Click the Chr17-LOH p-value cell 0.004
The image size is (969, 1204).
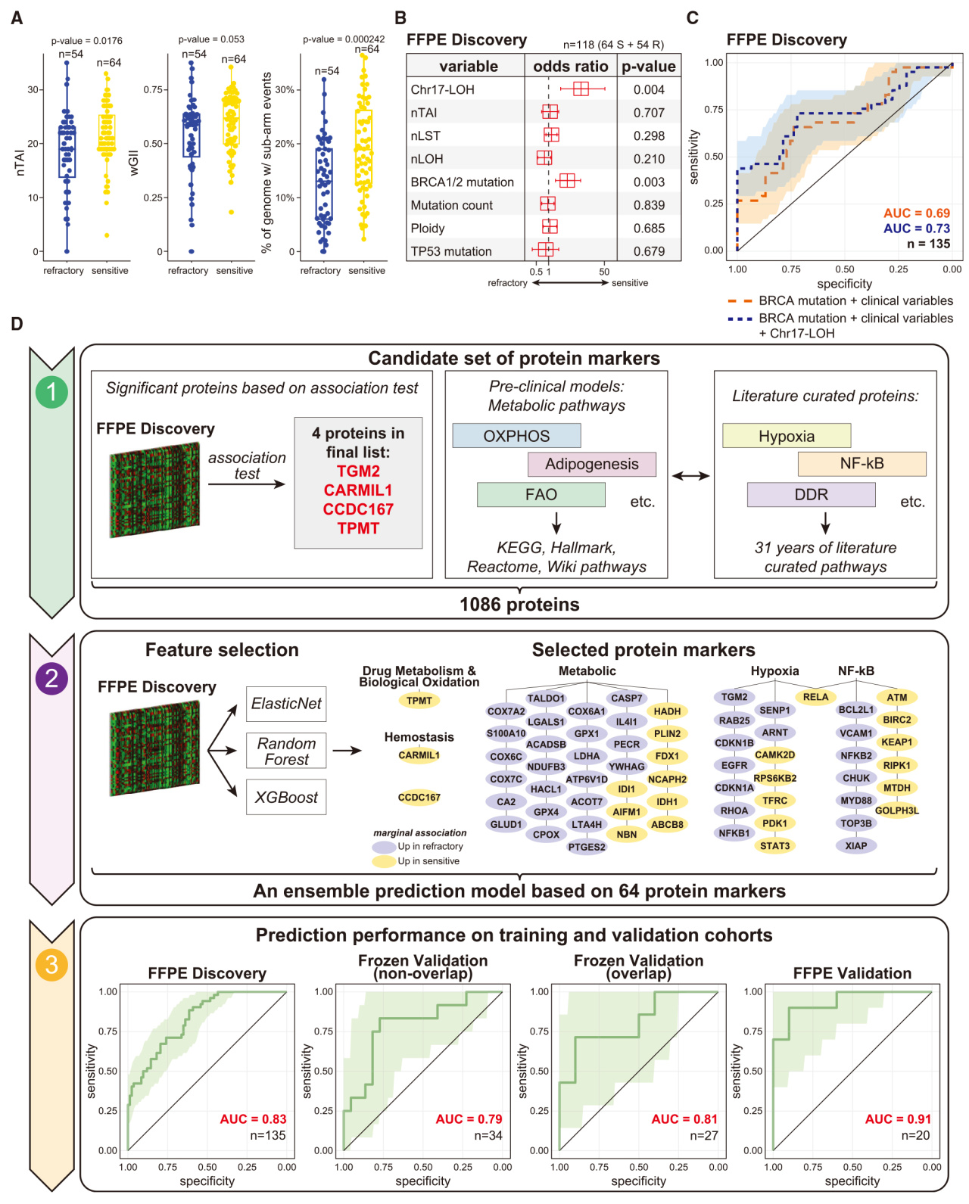[649, 89]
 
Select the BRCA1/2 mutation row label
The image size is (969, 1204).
[462, 182]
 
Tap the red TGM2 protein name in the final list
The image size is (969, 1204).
[358, 471]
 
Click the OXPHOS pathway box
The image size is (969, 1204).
[516, 436]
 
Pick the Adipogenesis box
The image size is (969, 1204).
[591, 464]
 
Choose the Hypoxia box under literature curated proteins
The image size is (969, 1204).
[787, 436]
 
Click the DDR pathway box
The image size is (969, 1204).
[811, 494]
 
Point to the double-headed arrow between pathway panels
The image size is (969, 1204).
[690, 476]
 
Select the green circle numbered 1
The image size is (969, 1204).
[51, 392]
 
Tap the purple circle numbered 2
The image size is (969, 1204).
[51, 678]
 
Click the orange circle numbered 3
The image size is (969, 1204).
[51, 965]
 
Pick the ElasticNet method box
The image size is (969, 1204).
[286, 704]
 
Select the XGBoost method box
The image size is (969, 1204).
[286, 797]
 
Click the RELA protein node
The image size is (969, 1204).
[815, 697]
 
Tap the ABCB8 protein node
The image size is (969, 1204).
[667, 824]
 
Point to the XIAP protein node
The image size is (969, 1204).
[856, 845]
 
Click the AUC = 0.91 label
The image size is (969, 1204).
[898, 1119]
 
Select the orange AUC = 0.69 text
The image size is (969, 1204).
[916, 213]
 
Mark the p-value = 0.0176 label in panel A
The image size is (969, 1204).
[86, 41]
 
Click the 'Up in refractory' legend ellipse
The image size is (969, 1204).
[384, 847]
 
